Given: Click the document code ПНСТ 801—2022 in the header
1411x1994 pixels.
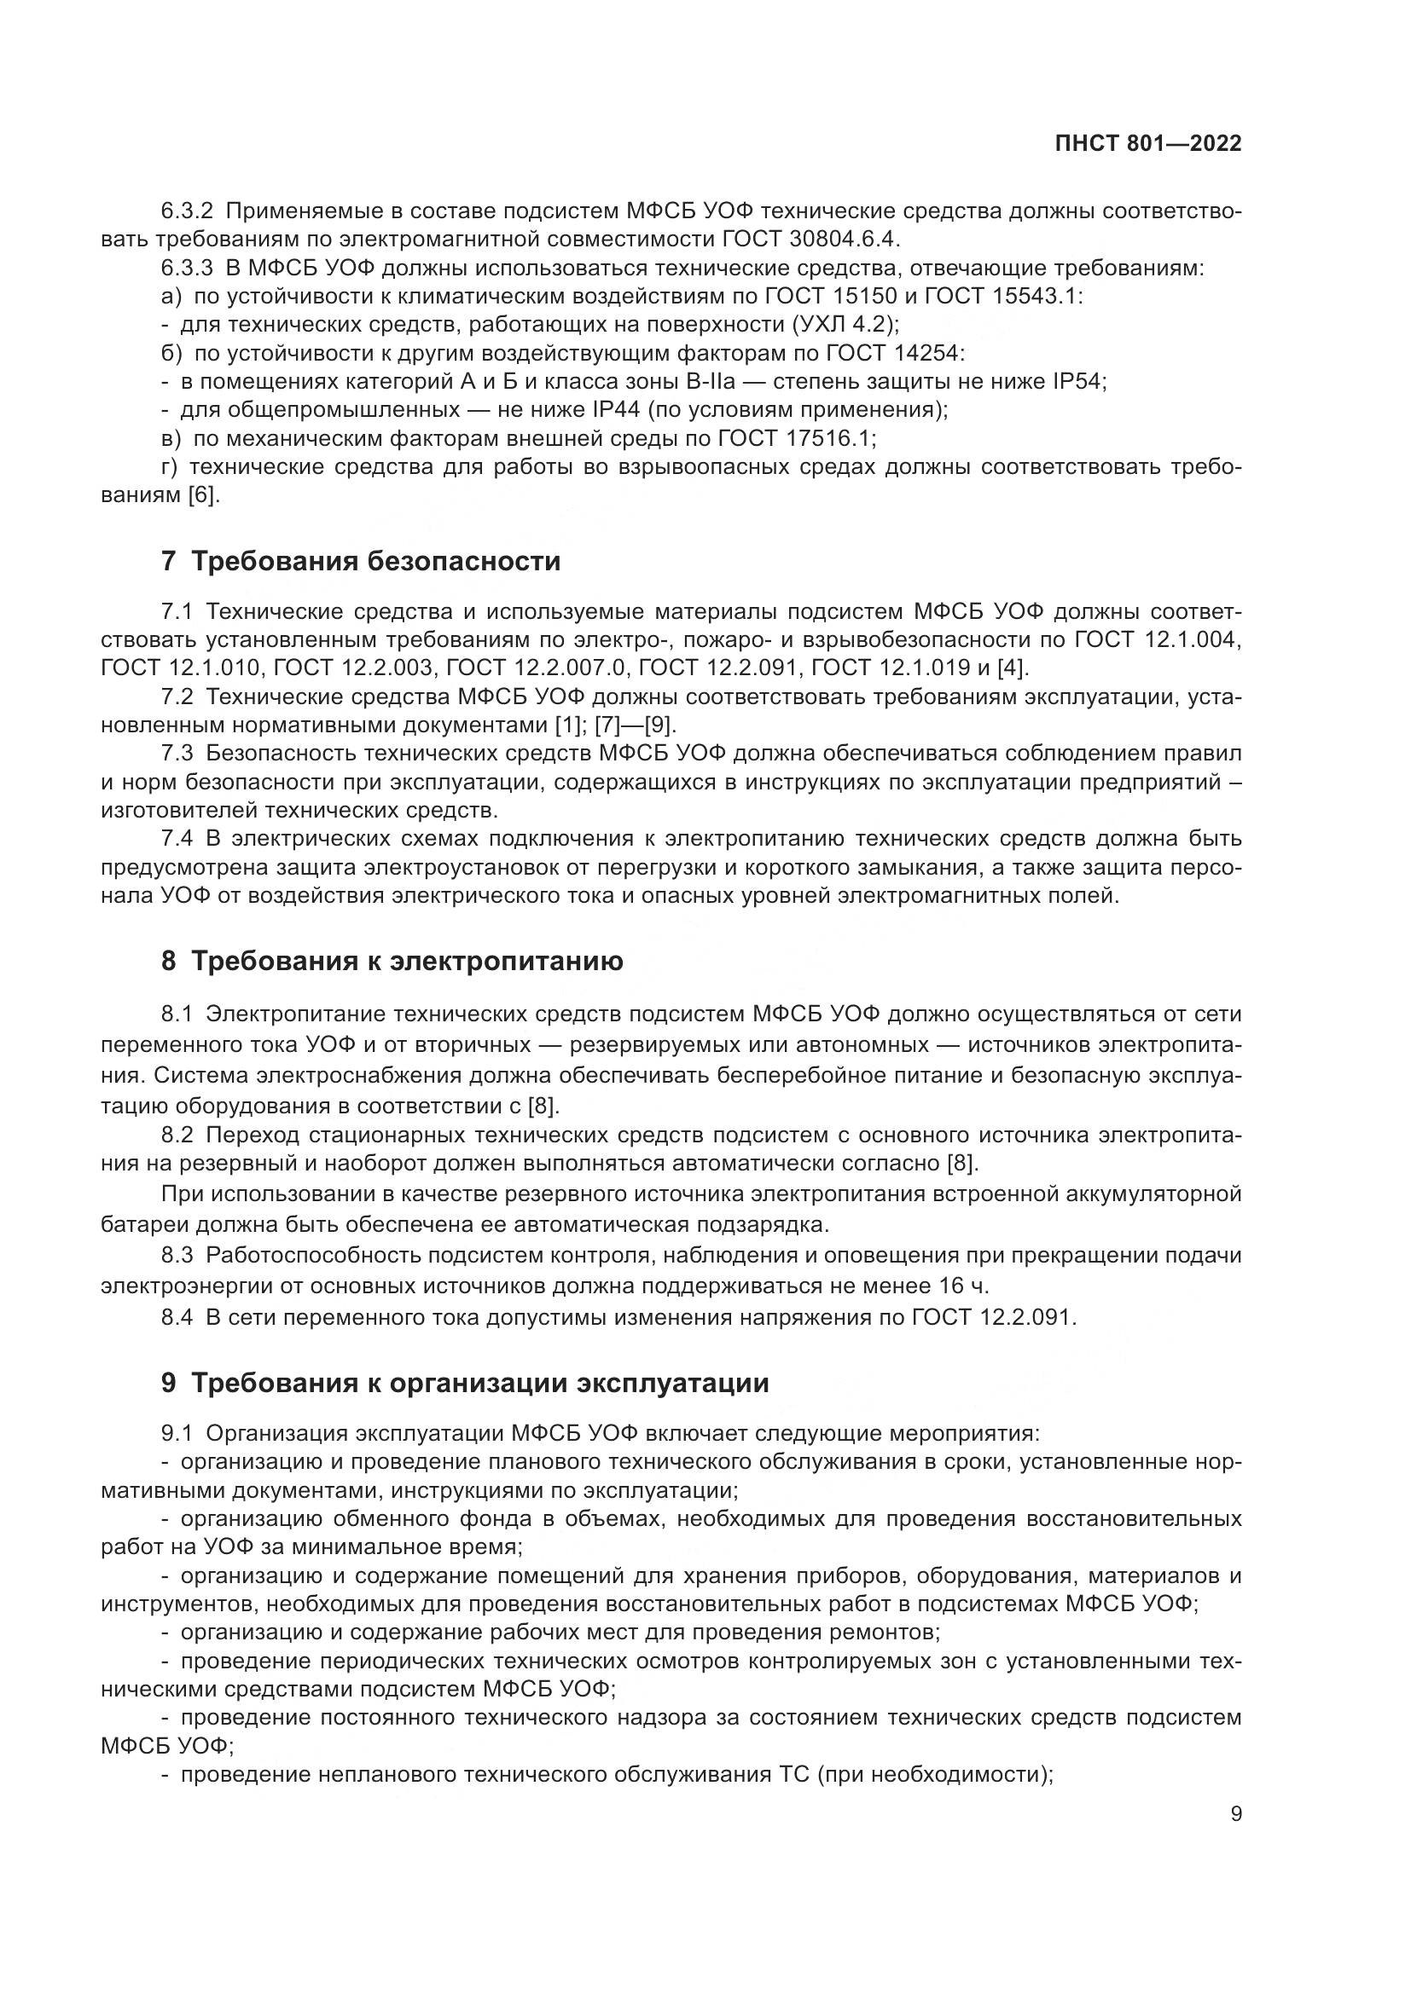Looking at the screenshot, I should tap(1147, 143).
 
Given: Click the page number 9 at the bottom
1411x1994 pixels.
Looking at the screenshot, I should tap(1236, 1813).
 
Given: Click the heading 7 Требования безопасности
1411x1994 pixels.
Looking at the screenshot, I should tap(361, 561).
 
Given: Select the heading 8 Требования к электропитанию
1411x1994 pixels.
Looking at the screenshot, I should tap(392, 962).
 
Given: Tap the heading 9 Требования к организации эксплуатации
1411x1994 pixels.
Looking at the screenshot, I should tap(465, 1383).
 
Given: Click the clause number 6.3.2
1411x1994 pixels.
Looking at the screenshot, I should tap(187, 211).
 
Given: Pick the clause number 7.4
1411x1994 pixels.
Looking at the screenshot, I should tap(177, 838).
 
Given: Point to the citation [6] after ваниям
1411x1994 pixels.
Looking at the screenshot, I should tap(203, 496).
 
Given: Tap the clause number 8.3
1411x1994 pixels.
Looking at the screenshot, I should tap(177, 1256).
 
